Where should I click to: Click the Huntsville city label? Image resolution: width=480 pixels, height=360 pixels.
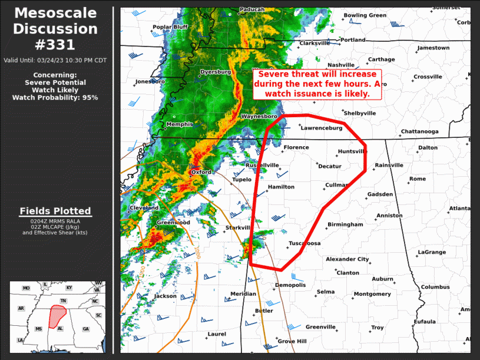tap(352, 151)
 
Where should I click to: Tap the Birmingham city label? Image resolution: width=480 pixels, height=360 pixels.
tap(345, 224)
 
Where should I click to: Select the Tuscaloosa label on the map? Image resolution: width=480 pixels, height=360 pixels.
tap(304, 243)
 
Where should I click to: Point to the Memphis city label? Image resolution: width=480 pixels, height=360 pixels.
tap(179, 124)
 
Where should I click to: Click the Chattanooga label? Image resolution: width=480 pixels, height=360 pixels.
tap(419, 131)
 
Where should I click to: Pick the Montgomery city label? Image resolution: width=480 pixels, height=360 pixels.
tap(372, 294)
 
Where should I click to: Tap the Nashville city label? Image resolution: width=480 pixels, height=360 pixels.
tap(341, 65)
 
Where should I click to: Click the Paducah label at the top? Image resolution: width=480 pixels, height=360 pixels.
tap(252, 9)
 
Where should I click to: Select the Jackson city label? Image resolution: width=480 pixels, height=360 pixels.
tap(165, 296)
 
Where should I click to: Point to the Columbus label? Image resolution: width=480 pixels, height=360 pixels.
tap(435, 287)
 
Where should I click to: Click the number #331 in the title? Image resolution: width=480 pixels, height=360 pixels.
tap(56, 44)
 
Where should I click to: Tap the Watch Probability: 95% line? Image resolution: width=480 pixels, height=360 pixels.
tap(55, 97)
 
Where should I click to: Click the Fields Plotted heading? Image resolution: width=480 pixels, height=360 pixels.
tap(55, 211)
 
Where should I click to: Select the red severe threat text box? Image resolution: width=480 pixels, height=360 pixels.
tap(317, 84)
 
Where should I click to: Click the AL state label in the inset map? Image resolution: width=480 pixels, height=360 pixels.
tap(60, 328)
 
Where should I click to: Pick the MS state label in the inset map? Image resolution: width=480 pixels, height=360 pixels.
tap(39, 329)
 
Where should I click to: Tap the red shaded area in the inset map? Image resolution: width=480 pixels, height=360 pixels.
tap(57, 315)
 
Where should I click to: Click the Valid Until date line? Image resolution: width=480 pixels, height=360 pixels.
tap(55, 60)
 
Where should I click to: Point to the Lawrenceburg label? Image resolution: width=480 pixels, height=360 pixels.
tap(322, 127)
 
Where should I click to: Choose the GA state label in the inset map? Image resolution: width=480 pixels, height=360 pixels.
tap(86, 329)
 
